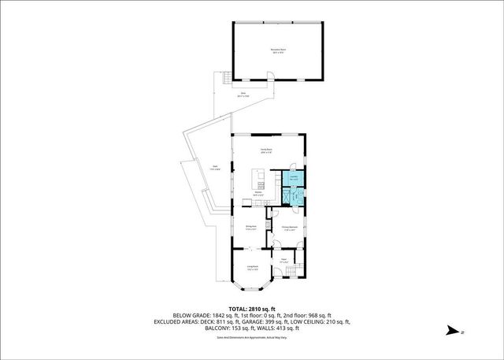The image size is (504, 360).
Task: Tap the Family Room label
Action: point(267,150)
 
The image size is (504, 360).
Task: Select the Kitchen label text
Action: point(258,193)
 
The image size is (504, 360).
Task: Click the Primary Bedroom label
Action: point(289,228)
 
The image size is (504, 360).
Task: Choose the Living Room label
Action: point(253,268)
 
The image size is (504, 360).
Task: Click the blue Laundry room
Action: point(293,180)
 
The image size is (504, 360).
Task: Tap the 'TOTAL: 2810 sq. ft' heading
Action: point(251,309)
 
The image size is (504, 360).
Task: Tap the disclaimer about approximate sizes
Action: point(251,336)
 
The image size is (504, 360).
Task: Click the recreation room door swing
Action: point(268,77)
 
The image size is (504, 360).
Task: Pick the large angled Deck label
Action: point(215,167)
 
